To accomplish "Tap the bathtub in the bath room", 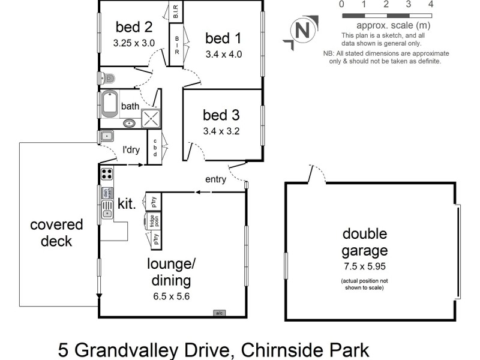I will click(x=110, y=105).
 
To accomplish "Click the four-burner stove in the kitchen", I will click(x=107, y=174).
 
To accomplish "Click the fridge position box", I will click(x=153, y=221).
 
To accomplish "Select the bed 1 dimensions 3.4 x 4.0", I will click(x=223, y=53).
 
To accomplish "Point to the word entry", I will click(x=216, y=179).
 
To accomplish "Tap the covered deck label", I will click(x=57, y=233).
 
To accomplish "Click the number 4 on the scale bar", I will click(x=431, y=4).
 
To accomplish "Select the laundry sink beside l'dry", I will click(x=107, y=136).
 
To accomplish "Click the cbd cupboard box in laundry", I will click(x=155, y=148).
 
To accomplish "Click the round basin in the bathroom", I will click(x=130, y=124).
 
